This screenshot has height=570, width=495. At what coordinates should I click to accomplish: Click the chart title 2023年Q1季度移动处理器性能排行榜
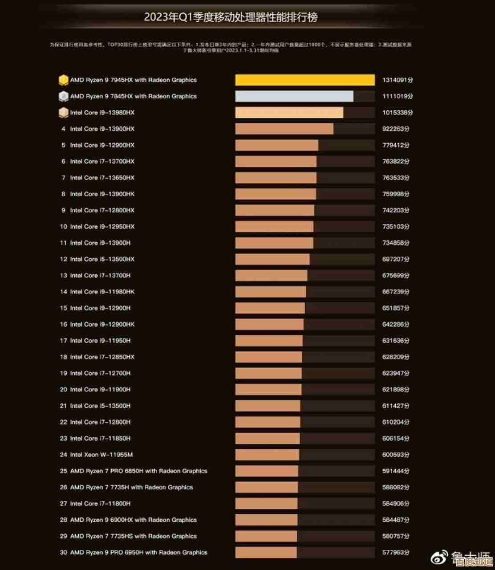[231, 17]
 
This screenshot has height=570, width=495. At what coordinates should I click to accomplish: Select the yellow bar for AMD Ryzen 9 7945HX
[305, 80]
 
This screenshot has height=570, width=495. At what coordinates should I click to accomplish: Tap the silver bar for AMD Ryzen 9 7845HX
[294, 96]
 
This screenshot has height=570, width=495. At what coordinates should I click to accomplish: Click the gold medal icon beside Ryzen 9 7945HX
[63, 80]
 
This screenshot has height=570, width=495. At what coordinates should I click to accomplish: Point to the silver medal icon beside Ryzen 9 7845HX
[63, 96]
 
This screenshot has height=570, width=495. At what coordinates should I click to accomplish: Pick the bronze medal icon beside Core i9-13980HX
[63, 113]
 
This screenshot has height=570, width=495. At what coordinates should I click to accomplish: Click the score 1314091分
[398, 80]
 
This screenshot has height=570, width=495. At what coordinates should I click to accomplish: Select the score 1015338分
[398, 113]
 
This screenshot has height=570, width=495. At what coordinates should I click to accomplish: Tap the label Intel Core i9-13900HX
[102, 129]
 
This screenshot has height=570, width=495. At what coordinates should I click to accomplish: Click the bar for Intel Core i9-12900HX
[276, 145]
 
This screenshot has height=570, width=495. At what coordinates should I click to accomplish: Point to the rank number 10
[63, 227]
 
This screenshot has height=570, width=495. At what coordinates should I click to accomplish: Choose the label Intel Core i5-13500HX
[102, 259]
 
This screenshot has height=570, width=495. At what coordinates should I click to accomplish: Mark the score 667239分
[396, 292]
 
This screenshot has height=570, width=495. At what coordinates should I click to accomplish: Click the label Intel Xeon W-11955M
[101, 455]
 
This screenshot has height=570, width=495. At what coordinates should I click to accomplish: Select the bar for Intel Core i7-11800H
[266, 504]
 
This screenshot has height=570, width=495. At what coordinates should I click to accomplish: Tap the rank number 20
[63, 390]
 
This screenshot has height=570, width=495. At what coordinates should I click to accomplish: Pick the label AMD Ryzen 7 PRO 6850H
[138, 471]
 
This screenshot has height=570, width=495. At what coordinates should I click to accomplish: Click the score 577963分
[396, 553]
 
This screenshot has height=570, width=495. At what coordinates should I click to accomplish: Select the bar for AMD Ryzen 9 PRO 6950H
[266, 553]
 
